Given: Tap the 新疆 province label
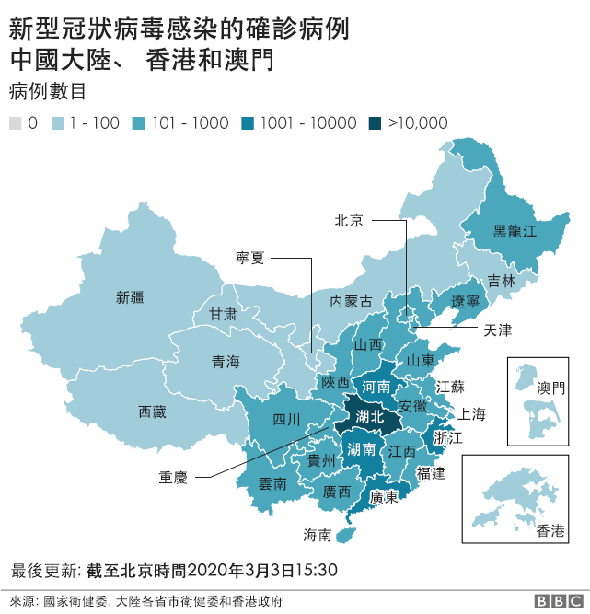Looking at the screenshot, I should (x=130, y=297).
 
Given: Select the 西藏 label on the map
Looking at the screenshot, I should (x=152, y=411).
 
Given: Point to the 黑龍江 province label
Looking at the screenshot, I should (x=515, y=231).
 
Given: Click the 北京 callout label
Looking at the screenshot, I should (x=348, y=220).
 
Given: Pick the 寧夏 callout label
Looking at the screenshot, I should (x=250, y=259).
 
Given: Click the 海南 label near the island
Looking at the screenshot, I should (x=317, y=534).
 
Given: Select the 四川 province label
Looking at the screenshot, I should (x=286, y=420).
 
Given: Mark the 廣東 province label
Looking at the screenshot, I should (x=383, y=497).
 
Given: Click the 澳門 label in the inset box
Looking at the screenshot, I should (x=550, y=388).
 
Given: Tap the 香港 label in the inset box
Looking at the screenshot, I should (x=550, y=530).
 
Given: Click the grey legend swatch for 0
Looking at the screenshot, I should (x=15, y=123).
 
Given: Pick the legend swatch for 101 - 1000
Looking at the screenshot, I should (x=141, y=123).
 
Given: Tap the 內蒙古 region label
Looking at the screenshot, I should (x=352, y=301).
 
